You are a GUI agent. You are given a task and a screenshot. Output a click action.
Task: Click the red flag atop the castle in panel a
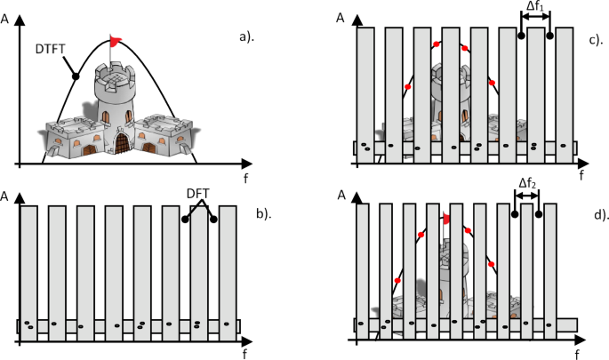tap(115, 40)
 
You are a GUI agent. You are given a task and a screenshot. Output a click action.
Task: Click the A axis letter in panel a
tap(6, 15)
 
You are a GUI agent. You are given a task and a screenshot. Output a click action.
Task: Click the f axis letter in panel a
tap(245, 177)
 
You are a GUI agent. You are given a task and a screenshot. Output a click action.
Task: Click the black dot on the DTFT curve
tap(76, 76)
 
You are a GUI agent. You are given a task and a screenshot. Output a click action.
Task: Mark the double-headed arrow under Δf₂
tap(527, 197)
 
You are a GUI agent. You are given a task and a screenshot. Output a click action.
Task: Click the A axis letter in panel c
tap(342, 16)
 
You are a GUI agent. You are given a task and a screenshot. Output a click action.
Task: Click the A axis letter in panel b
tap(6, 193)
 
